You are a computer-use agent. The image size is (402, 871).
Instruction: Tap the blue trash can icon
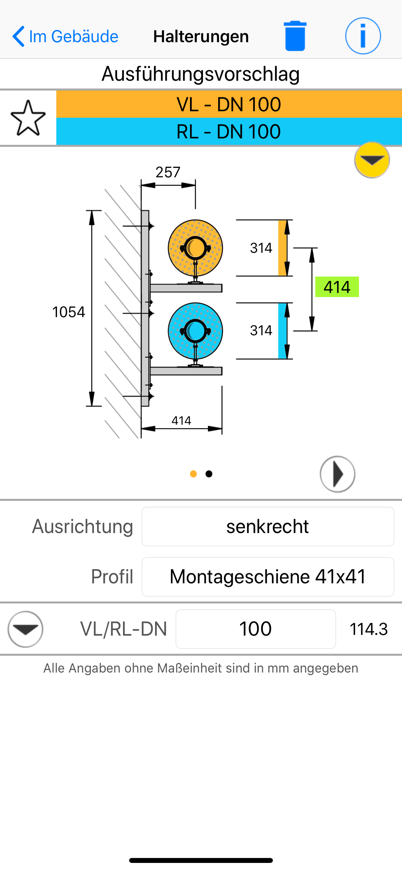tap(295, 36)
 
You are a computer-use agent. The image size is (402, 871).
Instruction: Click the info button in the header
tap(363, 36)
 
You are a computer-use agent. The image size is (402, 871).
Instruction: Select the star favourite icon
tap(28, 118)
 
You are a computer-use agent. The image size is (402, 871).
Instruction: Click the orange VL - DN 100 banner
tap(229, 104)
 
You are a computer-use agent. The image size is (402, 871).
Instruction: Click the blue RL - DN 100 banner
tap(229, 132)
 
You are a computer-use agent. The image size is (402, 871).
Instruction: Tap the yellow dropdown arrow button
tap(372, 160)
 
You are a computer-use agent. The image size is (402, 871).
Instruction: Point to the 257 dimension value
tap(168, 172)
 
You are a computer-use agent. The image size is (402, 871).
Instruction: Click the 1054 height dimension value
tap(69, 312)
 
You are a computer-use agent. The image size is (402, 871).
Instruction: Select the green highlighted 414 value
tap(337, 287)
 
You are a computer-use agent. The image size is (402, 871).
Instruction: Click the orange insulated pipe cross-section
tap(195, 248)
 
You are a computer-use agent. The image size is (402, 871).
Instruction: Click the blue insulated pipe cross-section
tap(195, 331)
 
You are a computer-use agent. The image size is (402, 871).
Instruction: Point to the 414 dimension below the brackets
tap(181, 421)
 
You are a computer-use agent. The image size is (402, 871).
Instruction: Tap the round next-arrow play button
tap(337, 474)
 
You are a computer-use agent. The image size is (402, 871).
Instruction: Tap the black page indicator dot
tap(209, 474)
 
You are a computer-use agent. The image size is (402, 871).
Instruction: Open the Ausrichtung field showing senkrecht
tap(268, 527)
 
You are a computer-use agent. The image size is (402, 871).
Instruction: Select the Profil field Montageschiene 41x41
tap(268, 577)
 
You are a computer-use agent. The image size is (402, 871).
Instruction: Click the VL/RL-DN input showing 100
tap(255, 629)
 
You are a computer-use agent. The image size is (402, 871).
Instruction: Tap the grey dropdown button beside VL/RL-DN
tap(25, 629)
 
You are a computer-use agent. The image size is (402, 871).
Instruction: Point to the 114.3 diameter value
tap(369, 629)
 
